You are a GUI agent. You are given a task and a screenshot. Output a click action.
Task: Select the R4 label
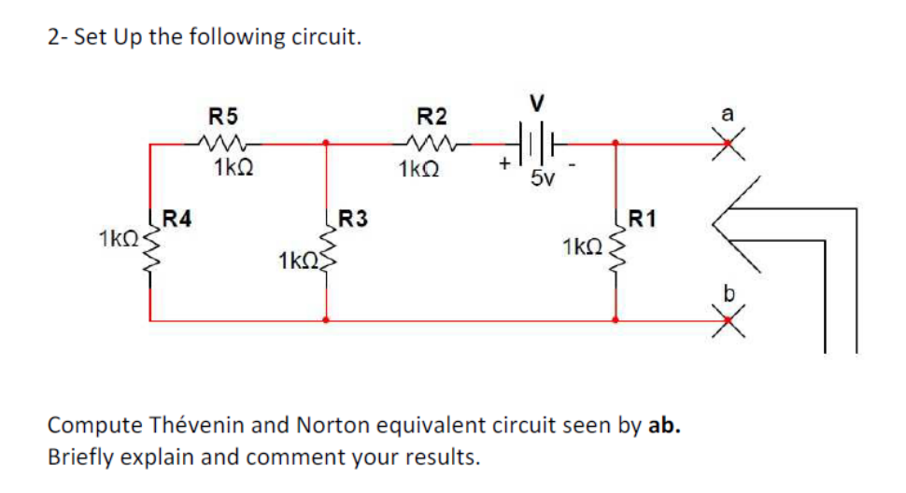click(177, 220)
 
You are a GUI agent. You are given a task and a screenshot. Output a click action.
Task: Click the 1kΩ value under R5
click(230, 169)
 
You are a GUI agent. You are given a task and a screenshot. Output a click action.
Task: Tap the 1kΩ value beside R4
click(118, 239)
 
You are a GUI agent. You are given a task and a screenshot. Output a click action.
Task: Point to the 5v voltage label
click(541, 178)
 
